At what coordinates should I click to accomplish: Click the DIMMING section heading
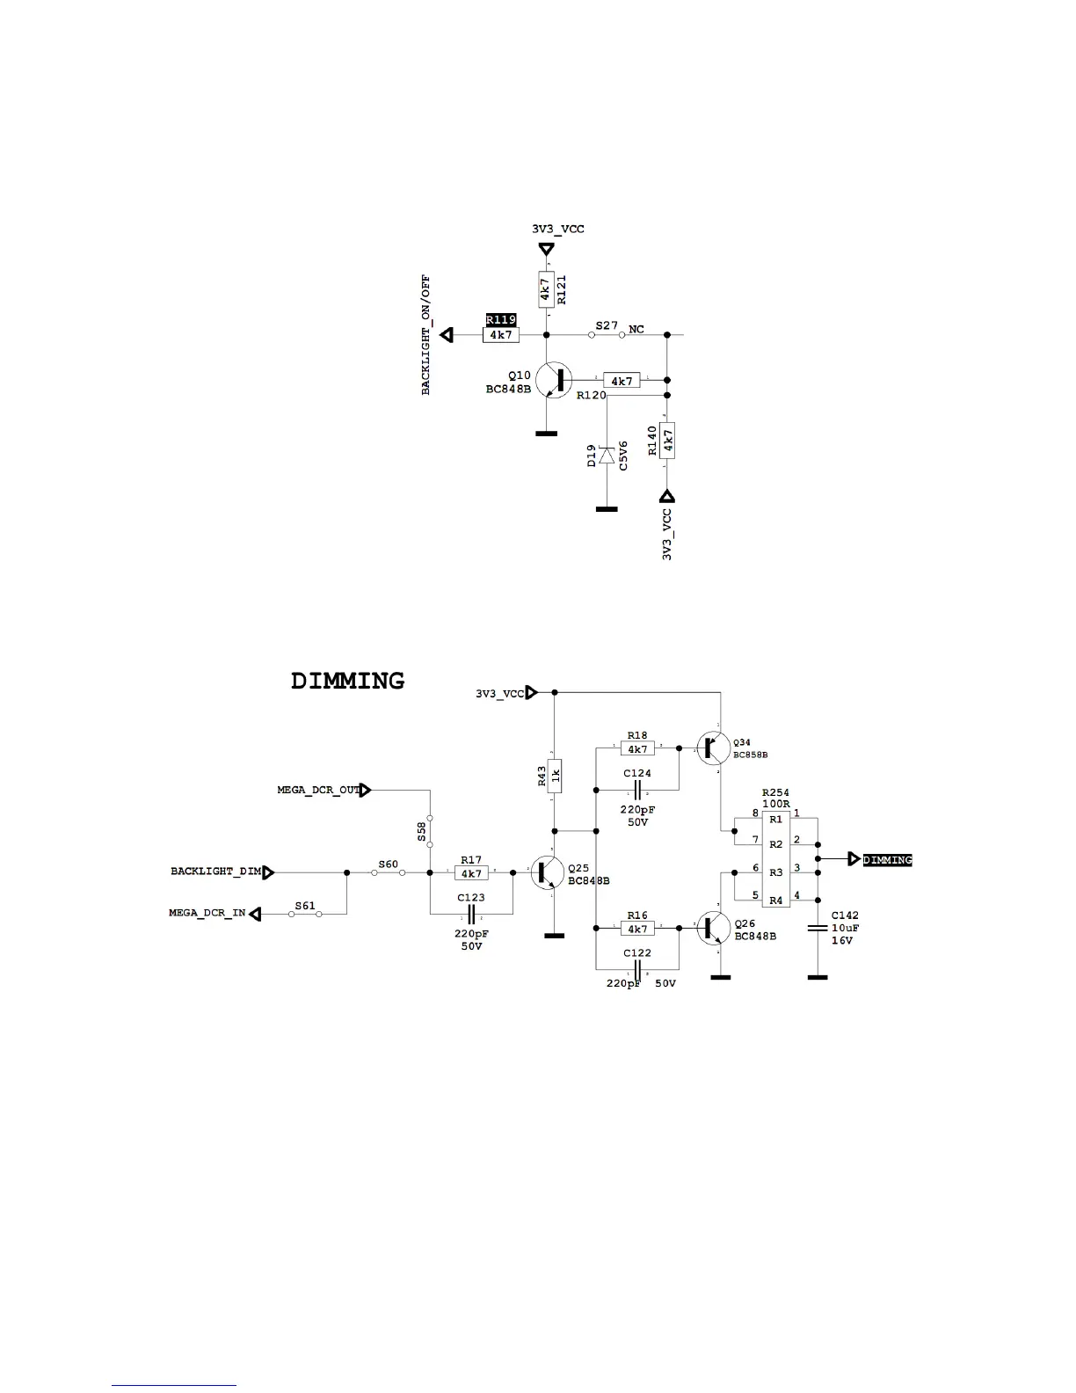tap(347, 681)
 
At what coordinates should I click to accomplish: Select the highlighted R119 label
tap(500, 320)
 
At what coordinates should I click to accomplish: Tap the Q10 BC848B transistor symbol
tap(555, 380)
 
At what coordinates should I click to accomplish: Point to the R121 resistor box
tap(546, 288)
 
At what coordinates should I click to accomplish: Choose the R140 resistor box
tap(667, 440)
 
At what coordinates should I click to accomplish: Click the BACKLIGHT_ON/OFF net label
tap(426, 335)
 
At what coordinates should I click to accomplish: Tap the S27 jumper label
tap(607, 325)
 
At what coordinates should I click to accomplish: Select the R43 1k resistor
tap(555, 775)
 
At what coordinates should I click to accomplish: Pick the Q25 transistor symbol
tap(548, 873)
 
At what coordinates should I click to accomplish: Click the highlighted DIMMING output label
tap(887, 860)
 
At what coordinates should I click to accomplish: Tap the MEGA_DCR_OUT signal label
tap(318, 791)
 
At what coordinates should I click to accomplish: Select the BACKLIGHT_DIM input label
tap(216, 872)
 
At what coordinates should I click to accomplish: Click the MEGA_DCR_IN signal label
tap(207, 914)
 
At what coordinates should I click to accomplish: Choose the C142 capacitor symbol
tap(818, 928)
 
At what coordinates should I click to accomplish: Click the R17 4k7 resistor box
tap(471, 873)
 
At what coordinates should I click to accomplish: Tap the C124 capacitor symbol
tap(637, 789)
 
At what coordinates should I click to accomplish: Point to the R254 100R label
tap(775, 799)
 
